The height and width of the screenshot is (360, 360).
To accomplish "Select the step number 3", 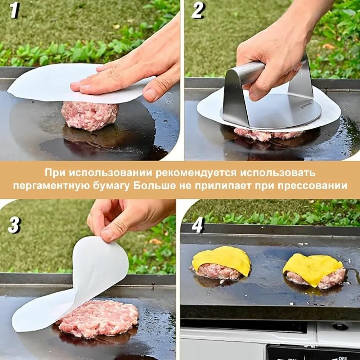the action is coord(14,225).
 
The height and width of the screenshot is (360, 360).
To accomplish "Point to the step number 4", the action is coord(198,225).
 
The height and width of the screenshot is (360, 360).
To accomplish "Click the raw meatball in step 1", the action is coord(90,116).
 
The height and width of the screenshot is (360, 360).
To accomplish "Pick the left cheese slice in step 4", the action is coord(221,260).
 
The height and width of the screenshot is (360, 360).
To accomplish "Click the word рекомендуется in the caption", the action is coord(196,173).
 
